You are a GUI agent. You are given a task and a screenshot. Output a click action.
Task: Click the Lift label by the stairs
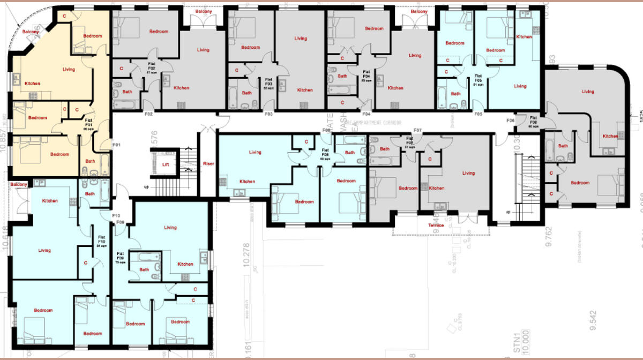pyautogui.click(x=166, y=164)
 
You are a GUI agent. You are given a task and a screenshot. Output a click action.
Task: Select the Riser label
pyautogui.click(x=208, y=164)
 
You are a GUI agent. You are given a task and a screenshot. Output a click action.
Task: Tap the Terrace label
pyautogui.click(x=436, y=226)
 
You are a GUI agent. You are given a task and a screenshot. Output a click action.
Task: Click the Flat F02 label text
pyautogui.click(x=152, y=66)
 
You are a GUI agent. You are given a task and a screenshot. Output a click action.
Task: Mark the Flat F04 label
pyautogui.click(x=367, y=75)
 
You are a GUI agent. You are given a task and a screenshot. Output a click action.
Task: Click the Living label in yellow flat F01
pyautogui.click(x=69, y=70)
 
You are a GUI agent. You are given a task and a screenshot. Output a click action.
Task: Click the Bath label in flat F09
pyautogui.click(x=144, y=269)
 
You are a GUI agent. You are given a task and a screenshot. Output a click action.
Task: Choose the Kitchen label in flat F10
pyautogui.click(x=50, y=201)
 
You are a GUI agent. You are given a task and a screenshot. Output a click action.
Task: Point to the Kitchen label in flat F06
pyautogui.click(x=610, y=136)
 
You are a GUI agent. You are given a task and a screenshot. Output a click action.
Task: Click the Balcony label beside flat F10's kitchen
pyautogui.click(x=19, y=185)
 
